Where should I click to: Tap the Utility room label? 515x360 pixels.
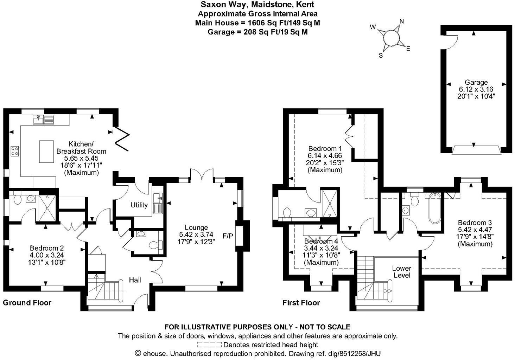(x=139, y=205)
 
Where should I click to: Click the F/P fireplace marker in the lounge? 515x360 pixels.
(x=228, y=235)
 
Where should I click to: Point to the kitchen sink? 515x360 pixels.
(x=43, y=120)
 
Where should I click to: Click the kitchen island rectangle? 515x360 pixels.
(x=46, y=151)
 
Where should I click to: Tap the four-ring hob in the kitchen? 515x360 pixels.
(x=15, y=151)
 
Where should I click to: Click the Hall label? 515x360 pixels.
(x=135, y=280)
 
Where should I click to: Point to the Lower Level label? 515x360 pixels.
(x=401, y=272)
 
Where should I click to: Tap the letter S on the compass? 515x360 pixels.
(x=381, y=55)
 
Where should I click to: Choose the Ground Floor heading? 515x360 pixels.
(x=27, y=303)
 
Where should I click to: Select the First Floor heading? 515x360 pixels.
(x=301, y=303)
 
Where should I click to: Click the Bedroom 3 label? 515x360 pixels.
(x=475, y=223)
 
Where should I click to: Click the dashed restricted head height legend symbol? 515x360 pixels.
(x=209, y=345)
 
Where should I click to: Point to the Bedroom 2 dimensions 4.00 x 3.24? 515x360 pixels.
(x=46, y=255)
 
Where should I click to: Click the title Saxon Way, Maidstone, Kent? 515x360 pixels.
(x=257, y=5)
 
